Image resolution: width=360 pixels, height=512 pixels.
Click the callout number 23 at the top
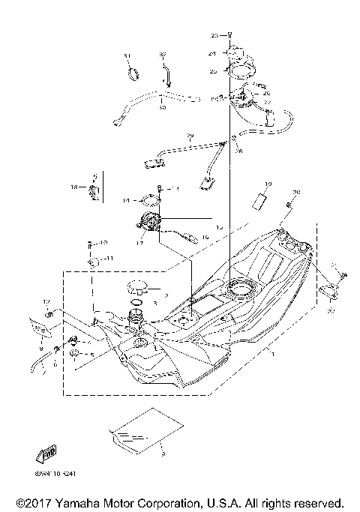(x=213, y=35)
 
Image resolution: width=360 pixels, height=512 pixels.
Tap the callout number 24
(x=213, y=54)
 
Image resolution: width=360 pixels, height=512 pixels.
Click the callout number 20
(x=295, y=193)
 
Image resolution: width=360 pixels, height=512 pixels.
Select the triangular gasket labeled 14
(x=151, y=200)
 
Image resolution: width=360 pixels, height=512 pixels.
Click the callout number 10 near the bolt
(x=104, y=243)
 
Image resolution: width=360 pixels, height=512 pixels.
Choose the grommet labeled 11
(x=93, y=262)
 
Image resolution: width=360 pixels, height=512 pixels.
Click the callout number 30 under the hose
(x=161, y=108)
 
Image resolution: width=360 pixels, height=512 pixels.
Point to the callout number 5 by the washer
(x=91, y=355)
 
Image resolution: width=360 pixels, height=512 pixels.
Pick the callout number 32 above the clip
(x=162, y=55)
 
